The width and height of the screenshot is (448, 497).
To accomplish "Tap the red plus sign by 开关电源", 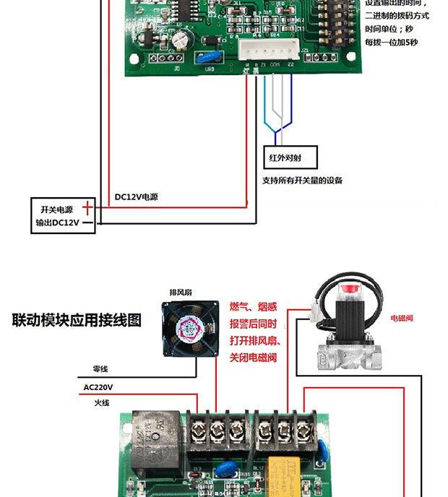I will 87,208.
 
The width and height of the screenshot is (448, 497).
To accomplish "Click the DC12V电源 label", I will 136,196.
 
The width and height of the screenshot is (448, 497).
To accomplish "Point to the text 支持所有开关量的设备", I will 302,180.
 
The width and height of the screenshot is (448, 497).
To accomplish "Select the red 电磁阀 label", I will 402,318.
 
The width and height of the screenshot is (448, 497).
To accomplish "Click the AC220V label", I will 98,387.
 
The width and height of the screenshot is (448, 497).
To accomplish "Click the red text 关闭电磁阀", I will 254,358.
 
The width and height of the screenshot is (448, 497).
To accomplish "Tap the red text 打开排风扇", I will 255,340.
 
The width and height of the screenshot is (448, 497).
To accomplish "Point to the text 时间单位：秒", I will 391,29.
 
